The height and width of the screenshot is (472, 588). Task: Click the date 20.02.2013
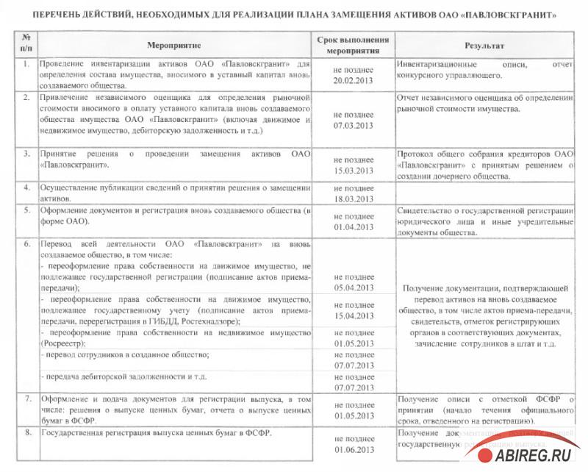click(354, 80)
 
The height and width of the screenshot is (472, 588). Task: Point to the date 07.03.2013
click(354, 126)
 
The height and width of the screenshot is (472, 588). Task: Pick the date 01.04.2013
click(354, 227)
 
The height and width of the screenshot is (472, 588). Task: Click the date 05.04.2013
click(354, 288)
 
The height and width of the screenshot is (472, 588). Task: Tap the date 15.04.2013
click(354, 315)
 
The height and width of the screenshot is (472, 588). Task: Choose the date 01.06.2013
click(354, 448)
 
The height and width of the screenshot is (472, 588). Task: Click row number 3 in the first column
click(26, 154)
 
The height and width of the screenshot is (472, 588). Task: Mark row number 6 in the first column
click(26, 243)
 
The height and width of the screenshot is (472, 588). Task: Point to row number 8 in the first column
click(26, 434)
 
